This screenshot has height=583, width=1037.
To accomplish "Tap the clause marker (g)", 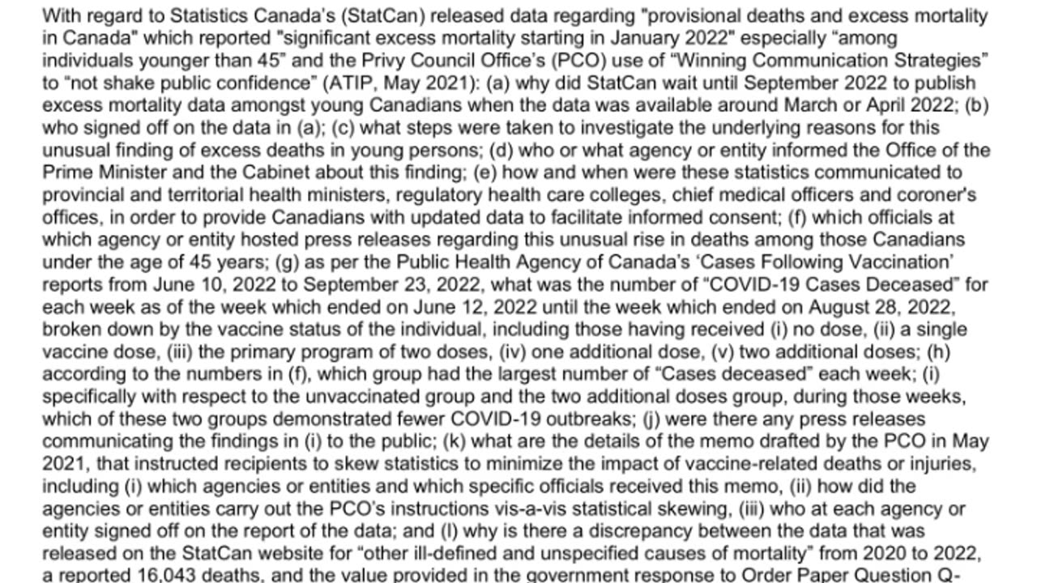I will tap(288, 262).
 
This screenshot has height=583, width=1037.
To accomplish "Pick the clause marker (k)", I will tap(456, 441).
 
